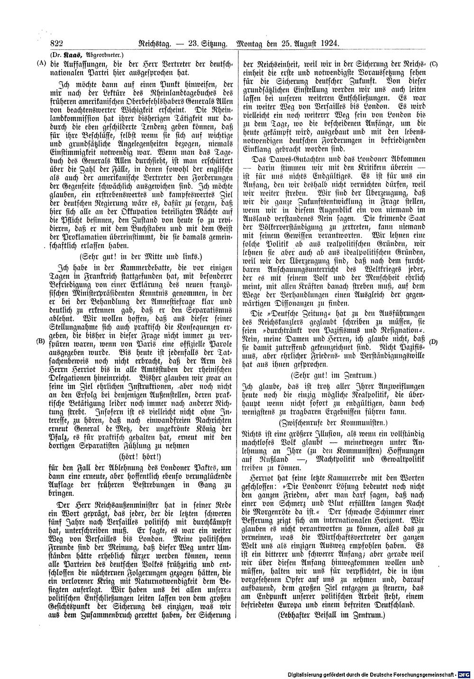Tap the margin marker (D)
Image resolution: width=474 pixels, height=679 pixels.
[433, 341]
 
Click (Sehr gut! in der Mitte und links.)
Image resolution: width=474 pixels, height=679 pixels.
[141, 257]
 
